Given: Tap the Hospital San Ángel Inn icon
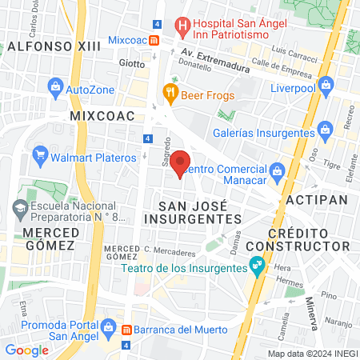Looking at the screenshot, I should point(183,26).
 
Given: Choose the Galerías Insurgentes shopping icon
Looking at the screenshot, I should point(325,129).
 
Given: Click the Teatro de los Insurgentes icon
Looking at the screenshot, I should point(257,264).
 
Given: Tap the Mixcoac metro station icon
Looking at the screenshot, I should point(154,38).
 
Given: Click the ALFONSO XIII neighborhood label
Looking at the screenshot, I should point(54,46).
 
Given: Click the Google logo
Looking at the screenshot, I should point(26,350).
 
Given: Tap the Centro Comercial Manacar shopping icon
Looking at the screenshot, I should point(277,170).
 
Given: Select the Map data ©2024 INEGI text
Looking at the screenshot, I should point(312,353).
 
